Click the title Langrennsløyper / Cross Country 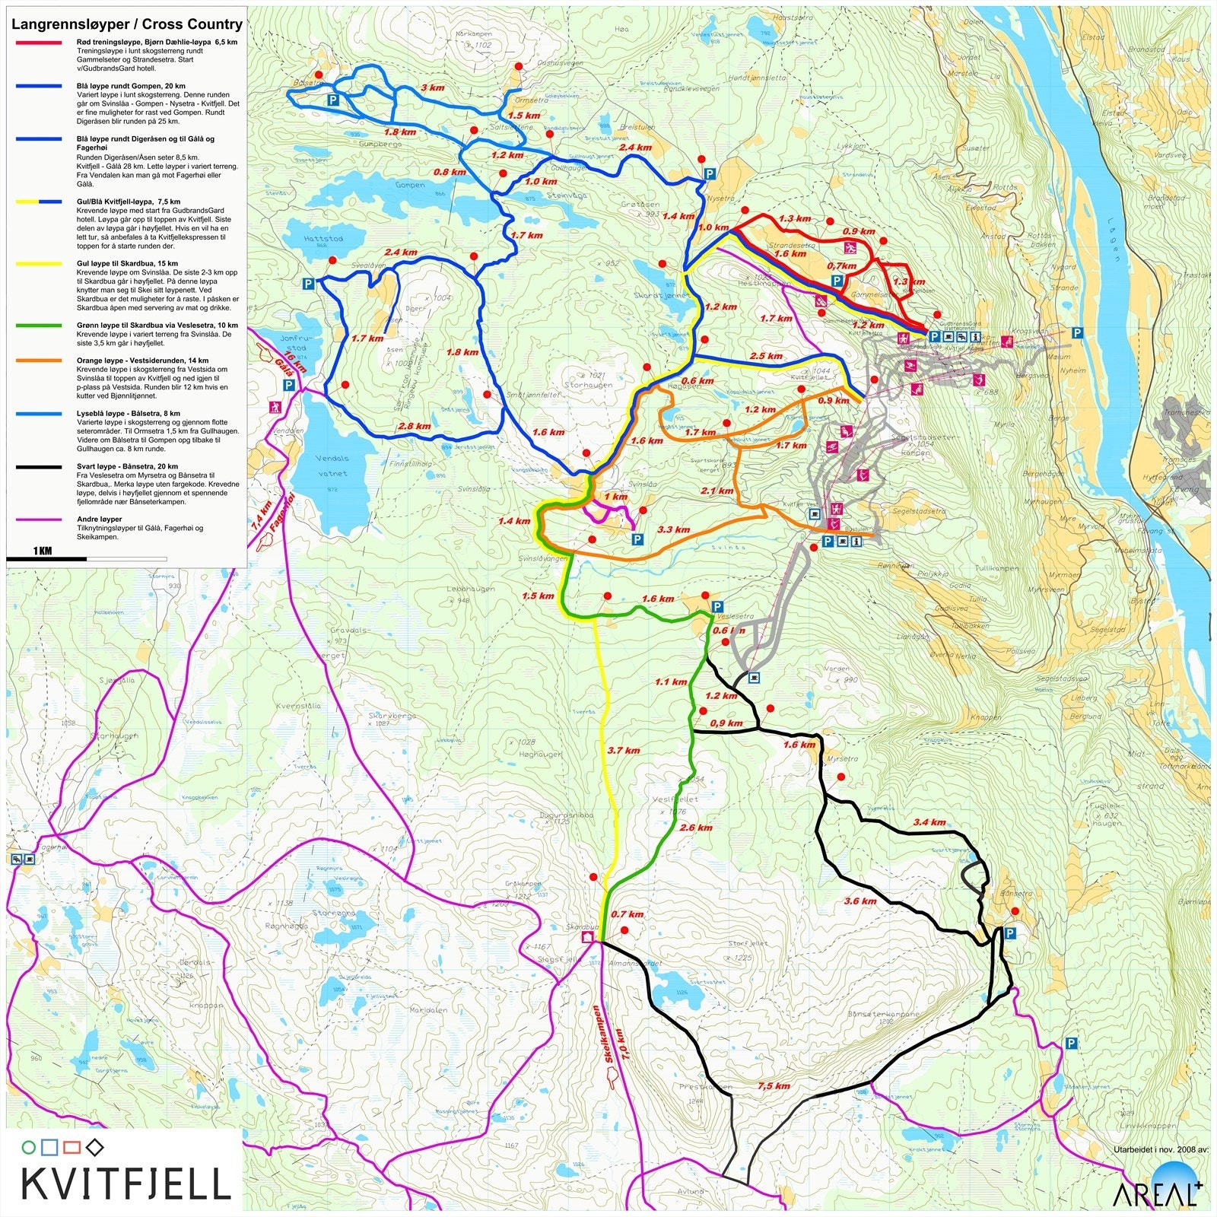click(126, 24)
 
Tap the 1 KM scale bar click(46, 558)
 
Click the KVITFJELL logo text click(126, 1183)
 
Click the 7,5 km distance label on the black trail click(773, 1086)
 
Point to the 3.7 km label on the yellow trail click(623, 751)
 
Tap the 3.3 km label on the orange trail click(673, 529)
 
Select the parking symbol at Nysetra click(709, 174)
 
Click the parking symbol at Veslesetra click(716, 606)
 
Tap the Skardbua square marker click(587, 939)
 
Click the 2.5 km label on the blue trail click(765, 356)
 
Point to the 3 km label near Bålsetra click(432, 87)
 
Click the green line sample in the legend click(39, 326)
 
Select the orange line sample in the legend click(39, 361)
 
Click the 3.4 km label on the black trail click(929, 822)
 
